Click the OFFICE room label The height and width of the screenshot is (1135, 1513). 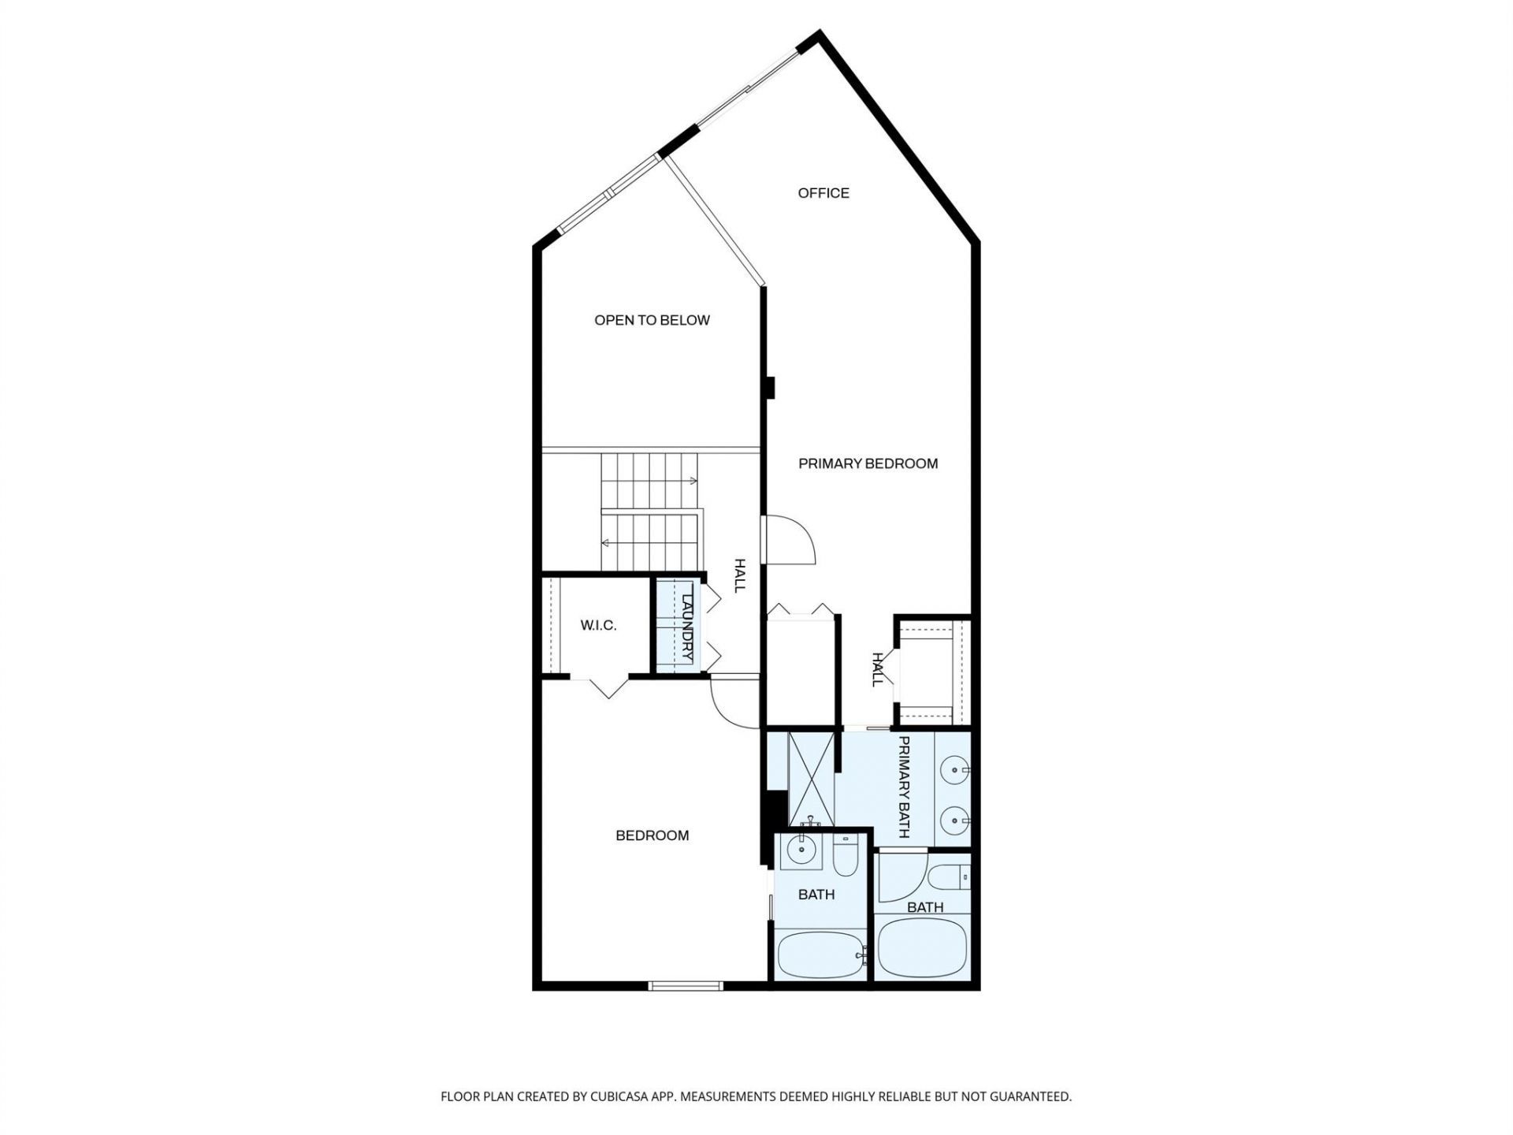(x=823, y=193)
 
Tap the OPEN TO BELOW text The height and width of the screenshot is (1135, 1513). (x=652, y=320)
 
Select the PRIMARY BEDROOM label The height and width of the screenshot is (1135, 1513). (x=868, y=463)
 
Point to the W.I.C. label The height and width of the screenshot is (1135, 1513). (x=598, y=626)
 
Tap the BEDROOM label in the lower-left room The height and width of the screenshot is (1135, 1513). (x=652, y=835)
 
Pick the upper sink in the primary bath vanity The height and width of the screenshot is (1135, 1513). (x=956, y=767)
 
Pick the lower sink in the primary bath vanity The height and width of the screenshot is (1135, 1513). (x=956, y=821)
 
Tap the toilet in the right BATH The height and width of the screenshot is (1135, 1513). (x=948, y=876)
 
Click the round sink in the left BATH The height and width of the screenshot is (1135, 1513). (x=801, y=850)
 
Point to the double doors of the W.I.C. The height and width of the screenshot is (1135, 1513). (x=609, y=687)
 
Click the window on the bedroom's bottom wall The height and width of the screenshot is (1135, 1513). (x=686, y=985)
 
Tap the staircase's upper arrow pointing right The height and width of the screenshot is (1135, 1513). (x=692, y=480)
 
